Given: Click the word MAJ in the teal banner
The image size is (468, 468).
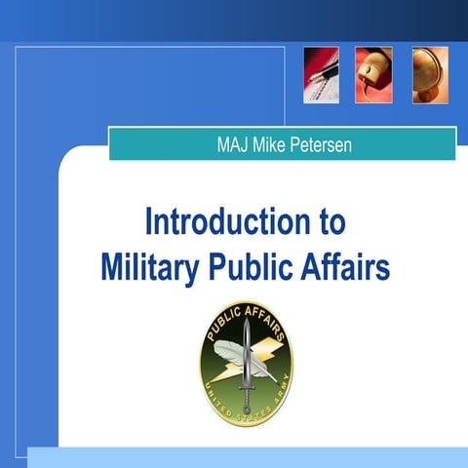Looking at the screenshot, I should click(233, 146).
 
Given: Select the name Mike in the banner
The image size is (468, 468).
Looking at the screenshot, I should click(271, 146).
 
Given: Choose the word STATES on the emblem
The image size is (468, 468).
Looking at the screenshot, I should click(250, 413).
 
